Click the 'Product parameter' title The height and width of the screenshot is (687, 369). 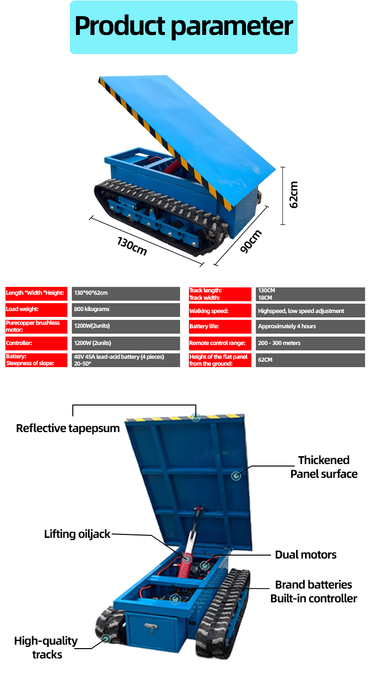[184, 27]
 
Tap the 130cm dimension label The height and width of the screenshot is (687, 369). [132, 246]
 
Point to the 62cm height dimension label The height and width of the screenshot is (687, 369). [293, 195]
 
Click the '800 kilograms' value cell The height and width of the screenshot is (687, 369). [125, 310]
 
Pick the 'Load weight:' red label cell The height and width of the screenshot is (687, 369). [36, 310]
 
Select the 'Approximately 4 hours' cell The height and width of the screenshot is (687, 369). [310, 326]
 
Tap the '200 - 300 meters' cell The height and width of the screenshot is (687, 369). [310, 343]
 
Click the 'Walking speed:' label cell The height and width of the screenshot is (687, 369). [220, 311]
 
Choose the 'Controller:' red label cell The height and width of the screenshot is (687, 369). [36, 343]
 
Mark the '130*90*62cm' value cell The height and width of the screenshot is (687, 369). [125, 293]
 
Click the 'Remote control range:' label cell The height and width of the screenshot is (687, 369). [220, 343]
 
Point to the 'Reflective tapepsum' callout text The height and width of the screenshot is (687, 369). [68, 428]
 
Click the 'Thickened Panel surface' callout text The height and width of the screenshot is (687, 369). [324, 467]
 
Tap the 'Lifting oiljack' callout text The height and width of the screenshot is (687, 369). [77, 534]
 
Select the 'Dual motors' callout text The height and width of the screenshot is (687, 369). [306, 555]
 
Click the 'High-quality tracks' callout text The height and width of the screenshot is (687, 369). [46, 647]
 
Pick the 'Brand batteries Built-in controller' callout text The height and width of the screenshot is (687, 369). [313, 592]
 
